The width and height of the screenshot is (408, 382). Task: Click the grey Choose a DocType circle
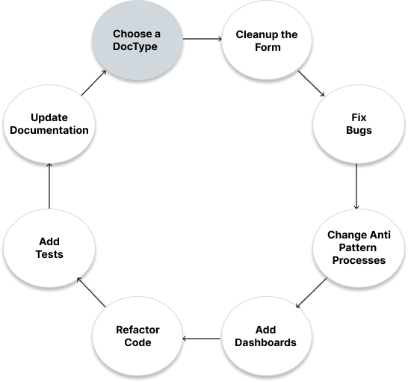click(137, 40)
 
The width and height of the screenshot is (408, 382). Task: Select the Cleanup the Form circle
click(267, 40)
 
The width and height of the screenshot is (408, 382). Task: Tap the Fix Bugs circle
click(359, 124)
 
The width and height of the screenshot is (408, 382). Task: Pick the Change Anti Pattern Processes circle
click(359, 248)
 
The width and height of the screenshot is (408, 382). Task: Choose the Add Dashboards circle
click(267, 336)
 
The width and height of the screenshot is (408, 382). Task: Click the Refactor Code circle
click(137, 336)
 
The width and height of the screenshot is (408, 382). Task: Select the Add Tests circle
click(49, 248)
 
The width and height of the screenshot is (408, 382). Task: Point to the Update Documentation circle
click(49, 124)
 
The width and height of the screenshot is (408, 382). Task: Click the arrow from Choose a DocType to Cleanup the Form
click(203, 39)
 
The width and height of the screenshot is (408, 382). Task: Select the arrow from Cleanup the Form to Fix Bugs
click(311, 83)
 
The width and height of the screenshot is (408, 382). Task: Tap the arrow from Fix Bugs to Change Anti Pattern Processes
click(356, 186)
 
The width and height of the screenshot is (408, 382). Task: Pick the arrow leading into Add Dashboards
click(311, 293)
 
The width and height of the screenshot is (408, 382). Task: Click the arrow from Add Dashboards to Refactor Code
click(202, 339)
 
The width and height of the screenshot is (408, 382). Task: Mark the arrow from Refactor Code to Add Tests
click(91, 292)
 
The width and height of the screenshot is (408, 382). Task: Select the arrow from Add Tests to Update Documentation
click(49, 186)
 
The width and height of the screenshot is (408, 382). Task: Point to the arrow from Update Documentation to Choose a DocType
click(94, 82)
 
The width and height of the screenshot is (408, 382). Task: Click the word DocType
click(135, 47)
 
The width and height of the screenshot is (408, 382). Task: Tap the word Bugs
click(359, 131)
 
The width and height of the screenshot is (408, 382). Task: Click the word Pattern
click(357, 247)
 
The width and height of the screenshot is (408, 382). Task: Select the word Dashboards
click(265, 342)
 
